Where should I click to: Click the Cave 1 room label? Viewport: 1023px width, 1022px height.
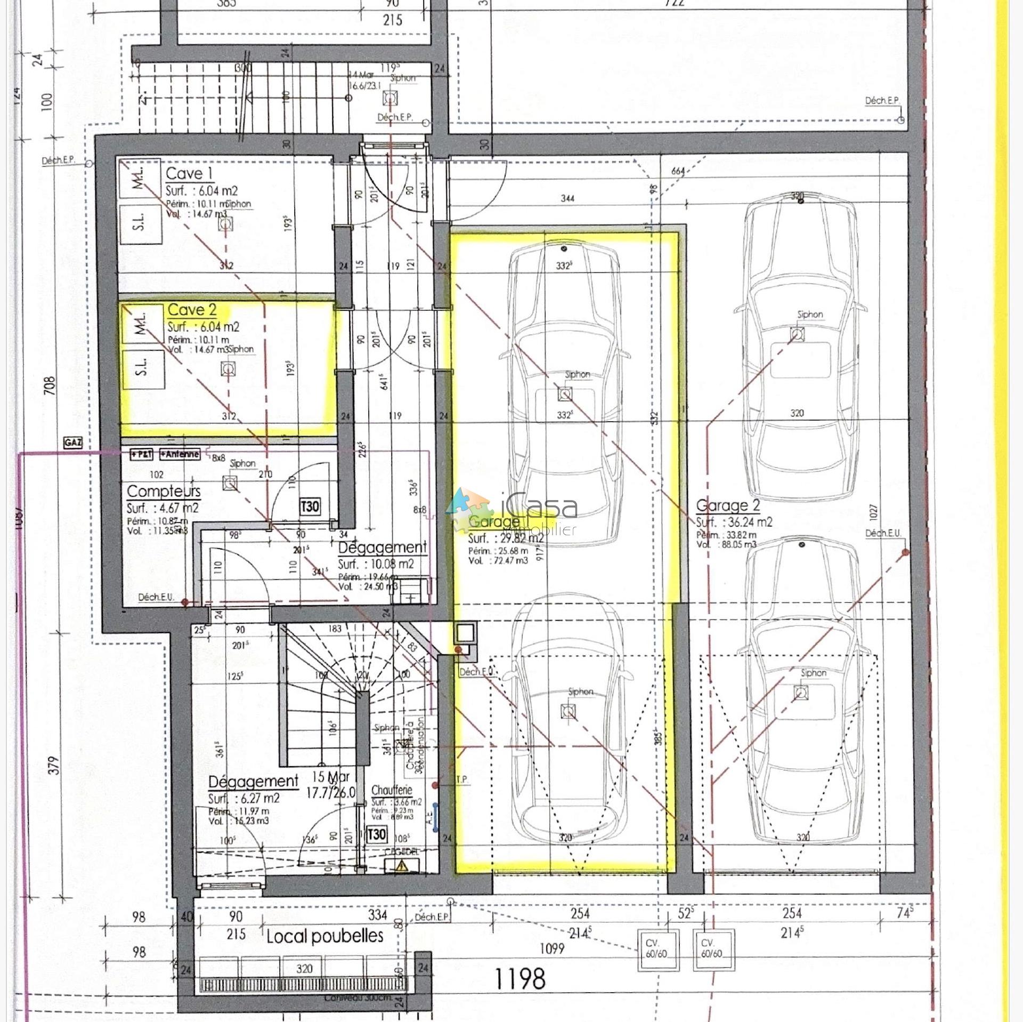183,173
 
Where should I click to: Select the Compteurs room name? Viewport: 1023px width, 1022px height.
164,491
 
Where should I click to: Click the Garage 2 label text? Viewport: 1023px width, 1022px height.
728,505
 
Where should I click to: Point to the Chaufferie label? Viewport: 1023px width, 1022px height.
392,790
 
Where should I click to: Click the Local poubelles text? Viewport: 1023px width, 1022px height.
324,936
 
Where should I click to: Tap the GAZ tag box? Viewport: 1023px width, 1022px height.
73,442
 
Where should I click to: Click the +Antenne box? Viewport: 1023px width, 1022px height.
180,455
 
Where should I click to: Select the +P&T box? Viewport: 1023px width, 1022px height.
142,455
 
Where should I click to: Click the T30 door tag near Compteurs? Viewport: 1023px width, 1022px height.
310,506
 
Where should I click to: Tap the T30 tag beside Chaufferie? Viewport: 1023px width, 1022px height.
377,834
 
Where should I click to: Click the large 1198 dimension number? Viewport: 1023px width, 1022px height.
520,979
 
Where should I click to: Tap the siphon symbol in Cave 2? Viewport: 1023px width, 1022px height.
229,369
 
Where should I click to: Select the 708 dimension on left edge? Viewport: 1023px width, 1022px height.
50,387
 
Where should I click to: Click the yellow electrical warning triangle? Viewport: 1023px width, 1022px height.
402,867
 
